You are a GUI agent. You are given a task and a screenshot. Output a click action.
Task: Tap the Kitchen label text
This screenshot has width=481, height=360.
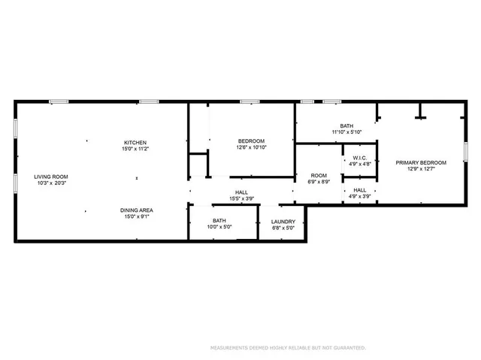pos(135,143)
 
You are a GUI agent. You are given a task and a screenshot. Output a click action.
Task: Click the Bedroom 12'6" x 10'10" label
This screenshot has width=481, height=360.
pos(251,141)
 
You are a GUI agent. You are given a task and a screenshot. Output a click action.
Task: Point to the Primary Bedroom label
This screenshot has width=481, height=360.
pos(421,163)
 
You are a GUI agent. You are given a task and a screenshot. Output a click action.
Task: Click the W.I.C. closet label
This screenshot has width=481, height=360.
pos(360,158)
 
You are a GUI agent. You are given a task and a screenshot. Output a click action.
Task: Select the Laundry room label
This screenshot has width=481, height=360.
pos(283,222)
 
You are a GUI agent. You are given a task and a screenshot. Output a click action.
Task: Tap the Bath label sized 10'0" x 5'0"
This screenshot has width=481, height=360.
pos(219,221)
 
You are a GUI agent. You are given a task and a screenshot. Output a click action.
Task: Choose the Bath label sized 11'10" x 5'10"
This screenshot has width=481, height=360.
pos(346,126)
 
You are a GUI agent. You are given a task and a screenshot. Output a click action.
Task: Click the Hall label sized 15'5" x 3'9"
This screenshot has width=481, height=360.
pos(241,192)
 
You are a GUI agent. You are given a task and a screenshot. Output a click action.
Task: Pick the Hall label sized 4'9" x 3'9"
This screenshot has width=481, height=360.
pos(360,190)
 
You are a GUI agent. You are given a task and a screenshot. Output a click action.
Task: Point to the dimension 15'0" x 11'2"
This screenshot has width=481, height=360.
pos(135,149)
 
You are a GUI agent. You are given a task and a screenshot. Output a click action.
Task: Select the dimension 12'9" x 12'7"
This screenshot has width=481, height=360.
pos(421,169)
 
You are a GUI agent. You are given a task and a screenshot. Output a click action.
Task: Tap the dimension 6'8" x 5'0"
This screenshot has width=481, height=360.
pos(283,228)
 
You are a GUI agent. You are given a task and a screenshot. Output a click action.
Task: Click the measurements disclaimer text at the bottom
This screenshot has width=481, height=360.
pos(287,348)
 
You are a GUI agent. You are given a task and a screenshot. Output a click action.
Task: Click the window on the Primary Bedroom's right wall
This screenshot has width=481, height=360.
pos(464,150)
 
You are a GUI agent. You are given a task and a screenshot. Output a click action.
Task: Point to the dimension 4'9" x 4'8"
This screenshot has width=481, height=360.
pos(360,164)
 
